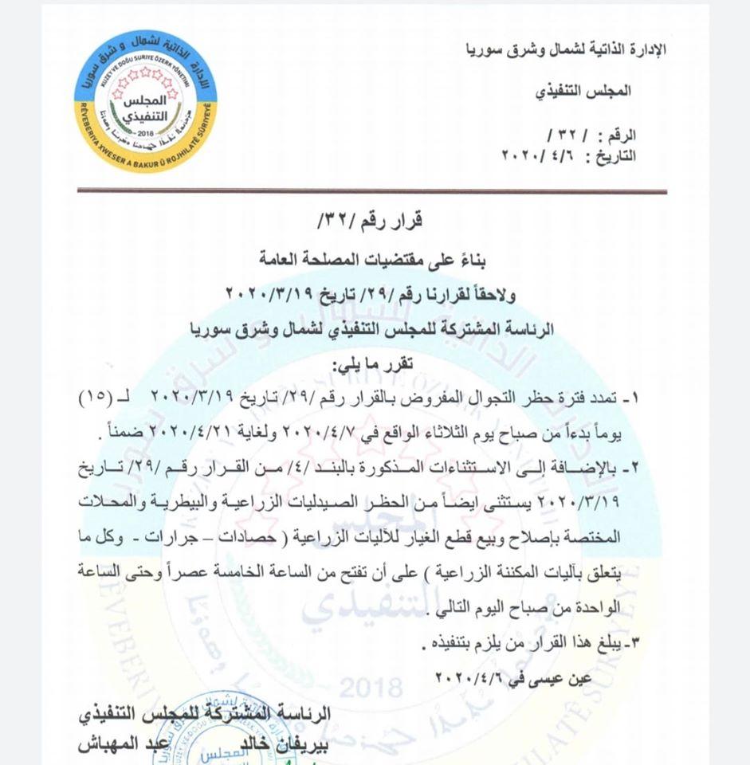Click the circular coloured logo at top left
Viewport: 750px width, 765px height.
point(145,101)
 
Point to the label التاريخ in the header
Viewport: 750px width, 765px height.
point(613,155)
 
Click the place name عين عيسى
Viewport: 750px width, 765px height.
point(549,677)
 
